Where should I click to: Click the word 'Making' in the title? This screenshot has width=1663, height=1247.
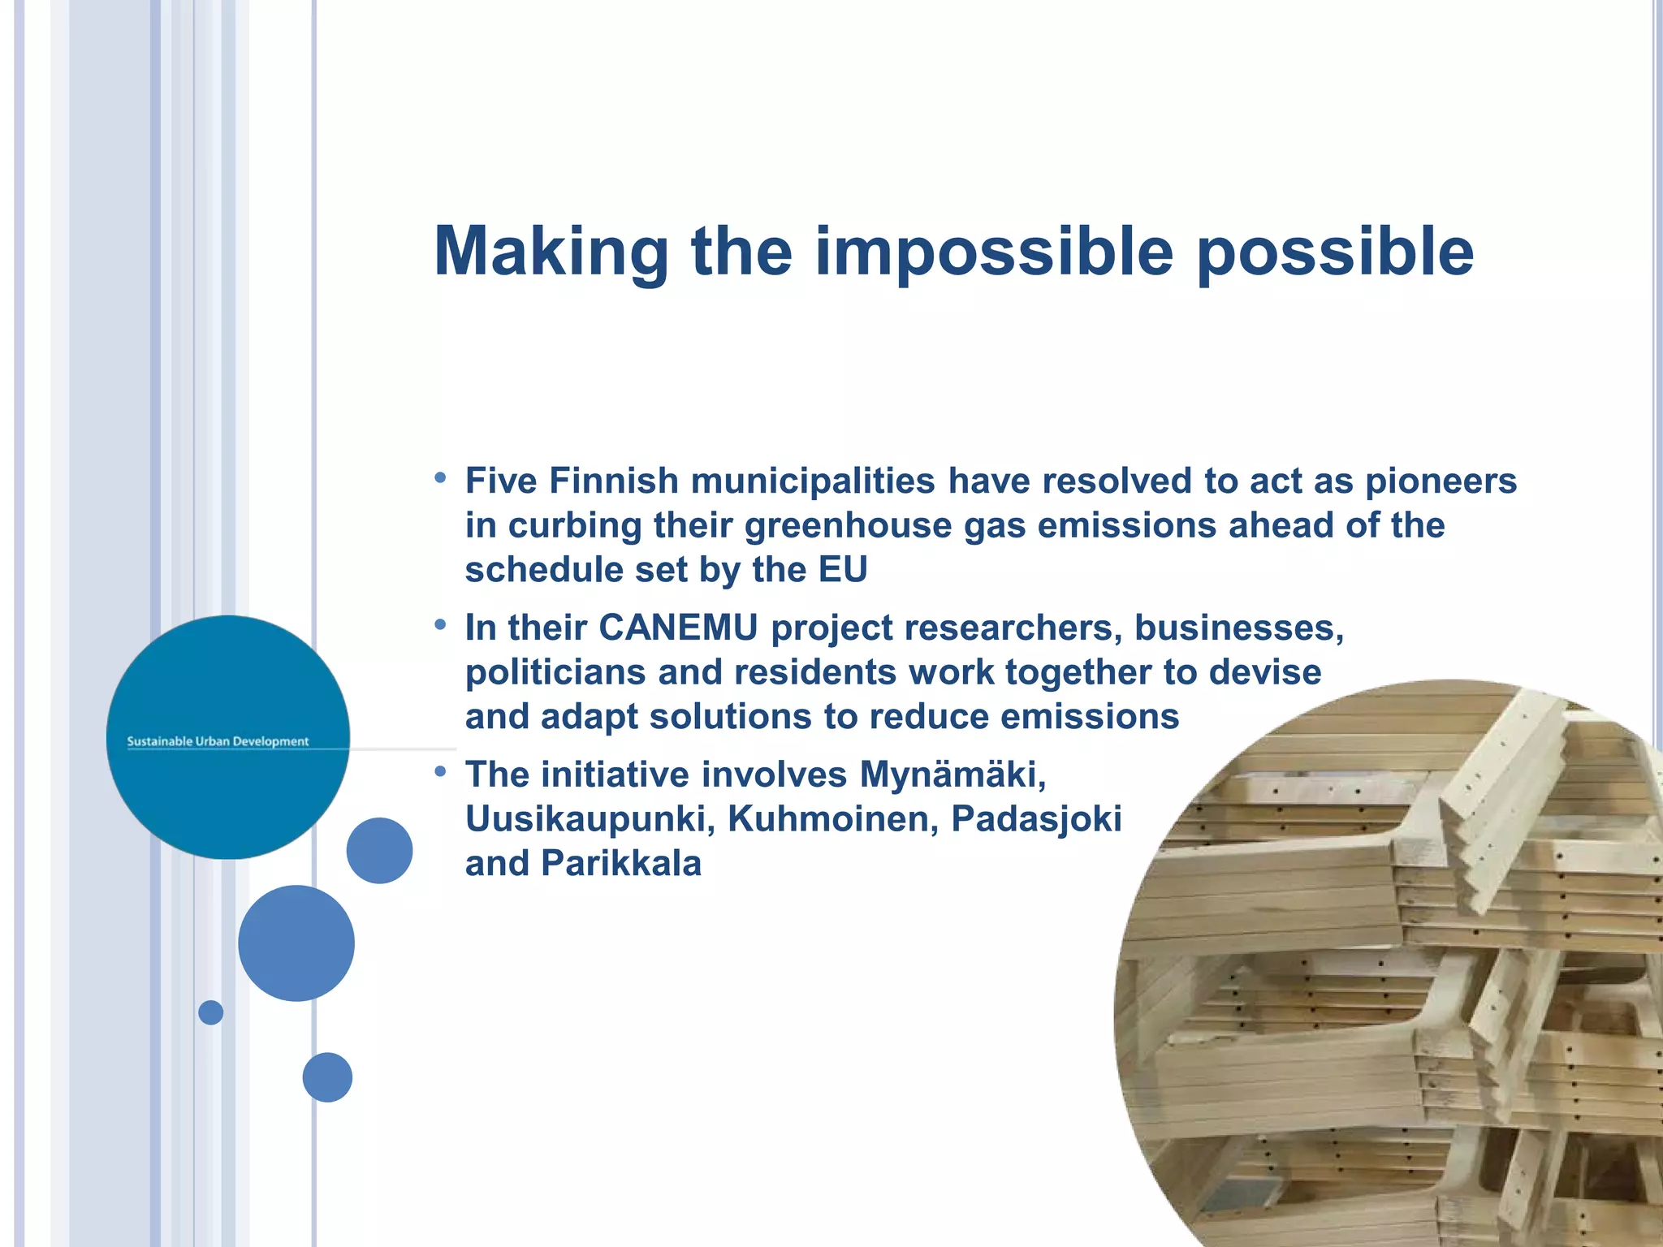[x=551, y=252]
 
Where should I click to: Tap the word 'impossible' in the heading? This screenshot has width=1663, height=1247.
[x=994, y=252]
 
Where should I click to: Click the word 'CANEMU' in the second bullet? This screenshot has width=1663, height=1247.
[x=678, y=628]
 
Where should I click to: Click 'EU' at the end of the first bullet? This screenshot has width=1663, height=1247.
[x=843, y=569]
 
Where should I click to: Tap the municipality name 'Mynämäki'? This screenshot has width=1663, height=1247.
[x=952, y=775]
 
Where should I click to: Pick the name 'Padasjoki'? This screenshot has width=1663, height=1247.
[x=1036, y=818]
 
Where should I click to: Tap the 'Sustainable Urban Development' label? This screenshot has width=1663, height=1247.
[x=218, y=741]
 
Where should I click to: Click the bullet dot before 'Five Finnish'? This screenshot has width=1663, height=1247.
[x=440, y=477]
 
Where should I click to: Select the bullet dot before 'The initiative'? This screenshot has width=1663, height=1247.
[x=440, y=771]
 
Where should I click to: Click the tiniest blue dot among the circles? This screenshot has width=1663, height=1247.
[x=211, y=1012]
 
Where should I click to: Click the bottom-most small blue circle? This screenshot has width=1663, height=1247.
[x=327, y=1077]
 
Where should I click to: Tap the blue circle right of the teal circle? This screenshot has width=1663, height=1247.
[x=379, y=850]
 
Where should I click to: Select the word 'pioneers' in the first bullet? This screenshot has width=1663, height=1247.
[x=1441, y=481]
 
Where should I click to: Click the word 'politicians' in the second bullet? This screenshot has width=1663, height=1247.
[x=555, y=672]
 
